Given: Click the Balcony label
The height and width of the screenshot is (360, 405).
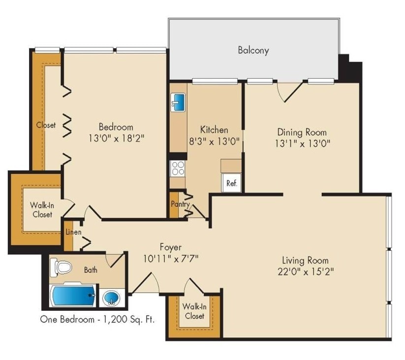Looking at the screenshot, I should (253, 50).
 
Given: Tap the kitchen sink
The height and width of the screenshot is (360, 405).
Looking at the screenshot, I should (178, 102).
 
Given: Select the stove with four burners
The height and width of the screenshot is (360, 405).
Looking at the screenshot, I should (178, 168).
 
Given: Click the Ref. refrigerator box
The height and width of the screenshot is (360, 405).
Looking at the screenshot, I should (231, 183).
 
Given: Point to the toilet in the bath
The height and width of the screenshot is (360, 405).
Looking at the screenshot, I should (62, 267).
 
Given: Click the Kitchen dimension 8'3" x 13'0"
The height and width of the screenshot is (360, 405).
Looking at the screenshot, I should (214, 141).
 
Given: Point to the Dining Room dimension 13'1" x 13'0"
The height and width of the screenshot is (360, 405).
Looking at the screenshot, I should (302, 143).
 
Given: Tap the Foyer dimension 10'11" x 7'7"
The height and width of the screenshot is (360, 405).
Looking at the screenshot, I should (170, 258).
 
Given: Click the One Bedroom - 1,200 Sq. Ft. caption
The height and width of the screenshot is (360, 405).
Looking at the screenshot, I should (97, 320).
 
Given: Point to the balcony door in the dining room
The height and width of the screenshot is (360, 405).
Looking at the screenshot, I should (290, 92).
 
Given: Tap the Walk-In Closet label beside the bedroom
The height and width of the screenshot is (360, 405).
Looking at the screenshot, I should (42, 210).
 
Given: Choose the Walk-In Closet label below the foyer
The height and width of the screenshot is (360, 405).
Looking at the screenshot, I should (194, 311).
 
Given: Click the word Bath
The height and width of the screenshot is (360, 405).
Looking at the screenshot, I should (91, 270).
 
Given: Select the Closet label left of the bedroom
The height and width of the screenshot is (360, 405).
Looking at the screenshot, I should (46, 125).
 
